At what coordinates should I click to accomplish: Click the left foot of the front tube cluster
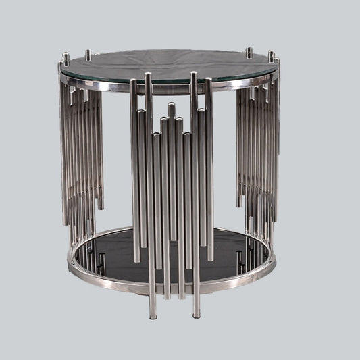point(152,314)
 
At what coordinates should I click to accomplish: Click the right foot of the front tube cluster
point(196,314)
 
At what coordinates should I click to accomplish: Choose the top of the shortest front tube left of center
point(157,136)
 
